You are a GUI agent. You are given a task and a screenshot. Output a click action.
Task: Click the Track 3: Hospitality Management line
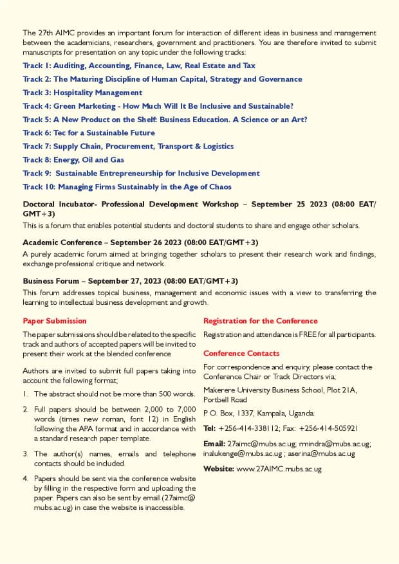82,93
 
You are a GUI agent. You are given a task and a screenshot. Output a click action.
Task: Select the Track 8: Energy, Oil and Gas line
73,159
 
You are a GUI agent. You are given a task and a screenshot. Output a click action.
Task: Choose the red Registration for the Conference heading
260,320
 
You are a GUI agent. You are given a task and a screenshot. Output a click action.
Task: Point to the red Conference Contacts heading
241,353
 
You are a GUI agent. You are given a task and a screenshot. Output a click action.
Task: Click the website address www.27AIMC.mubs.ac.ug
279,469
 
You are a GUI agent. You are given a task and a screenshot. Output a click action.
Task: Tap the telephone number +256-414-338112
247,428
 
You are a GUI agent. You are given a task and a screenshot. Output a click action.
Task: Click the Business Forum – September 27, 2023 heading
130,281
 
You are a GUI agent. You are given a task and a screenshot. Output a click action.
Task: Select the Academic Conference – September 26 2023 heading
140,242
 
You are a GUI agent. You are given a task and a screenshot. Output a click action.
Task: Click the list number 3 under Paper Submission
26,453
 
